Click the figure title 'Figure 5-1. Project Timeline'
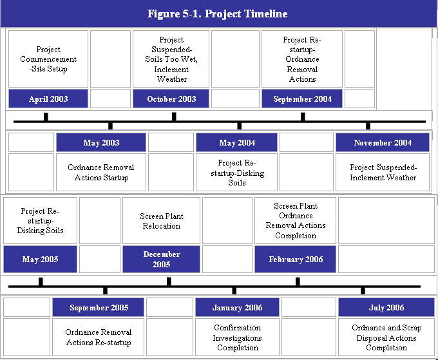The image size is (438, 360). (x=217, y=14)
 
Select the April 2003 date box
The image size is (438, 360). (x=48, y=99)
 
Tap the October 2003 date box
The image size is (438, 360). (x=171, y=99)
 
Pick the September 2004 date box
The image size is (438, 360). (x=302, y=99)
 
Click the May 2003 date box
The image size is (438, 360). (x=101, y=142)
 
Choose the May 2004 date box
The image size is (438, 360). (x=237, y=142)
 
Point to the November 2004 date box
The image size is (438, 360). (x=383, y=142)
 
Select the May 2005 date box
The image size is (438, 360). (x=40, y=259)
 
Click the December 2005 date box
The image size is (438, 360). (x=162, y=259)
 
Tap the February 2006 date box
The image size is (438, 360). (x=295, y=259)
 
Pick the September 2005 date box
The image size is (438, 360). (x=99, y=307)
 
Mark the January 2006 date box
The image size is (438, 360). (x=237, y=307)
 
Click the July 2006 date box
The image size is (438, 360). (x=386, y=307)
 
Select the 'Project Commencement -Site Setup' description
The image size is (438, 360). (x=48, y=59)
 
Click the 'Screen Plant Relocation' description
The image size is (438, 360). (x=162, y=221)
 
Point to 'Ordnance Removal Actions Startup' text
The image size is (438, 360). (x=101, y=173)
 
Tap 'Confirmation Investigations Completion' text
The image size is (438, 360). (x=237, y=337)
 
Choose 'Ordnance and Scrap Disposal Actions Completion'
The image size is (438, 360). (x=386, y=337)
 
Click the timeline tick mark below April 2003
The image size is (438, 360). (x=46, y=117)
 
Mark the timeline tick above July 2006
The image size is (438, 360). (x=363, y=290)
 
